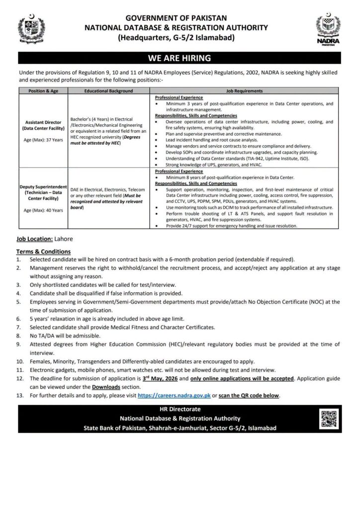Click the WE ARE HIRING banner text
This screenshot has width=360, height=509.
[x=180, y=58]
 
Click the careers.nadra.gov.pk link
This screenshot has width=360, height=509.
[x=169, y=395]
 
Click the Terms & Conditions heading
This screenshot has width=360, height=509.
[x=43, y=252]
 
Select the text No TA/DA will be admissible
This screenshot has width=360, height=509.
[x=64, y=336]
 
